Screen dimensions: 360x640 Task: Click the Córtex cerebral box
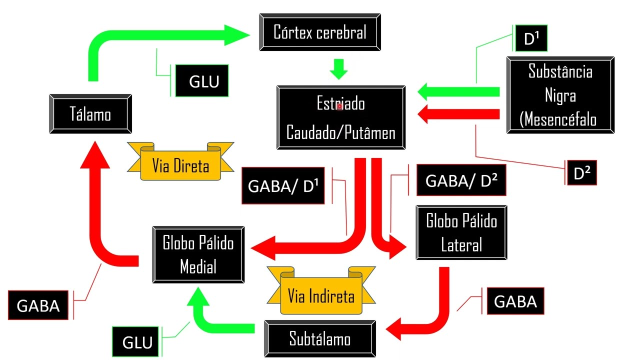pos(320,32)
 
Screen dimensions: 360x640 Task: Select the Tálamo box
pos(90,114)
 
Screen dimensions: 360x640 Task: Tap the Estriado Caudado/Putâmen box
pos(341,118)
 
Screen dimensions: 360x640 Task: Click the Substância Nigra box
pos(560,95)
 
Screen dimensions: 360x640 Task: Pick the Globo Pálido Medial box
pos(198,254)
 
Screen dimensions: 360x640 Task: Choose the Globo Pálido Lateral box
pos(461,232)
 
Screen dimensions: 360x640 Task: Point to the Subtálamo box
pos(320,339)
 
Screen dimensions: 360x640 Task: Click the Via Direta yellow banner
pos(180,165)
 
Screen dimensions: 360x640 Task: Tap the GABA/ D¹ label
pos(283,186)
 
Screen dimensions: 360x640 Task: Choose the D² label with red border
pos(581,173)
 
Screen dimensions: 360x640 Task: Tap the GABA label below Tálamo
pos(38,305)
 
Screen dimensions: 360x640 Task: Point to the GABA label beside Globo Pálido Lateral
pos(515,301)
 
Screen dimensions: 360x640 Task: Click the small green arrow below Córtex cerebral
pos(339,69)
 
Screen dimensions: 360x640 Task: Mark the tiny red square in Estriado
pos(339,106)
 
